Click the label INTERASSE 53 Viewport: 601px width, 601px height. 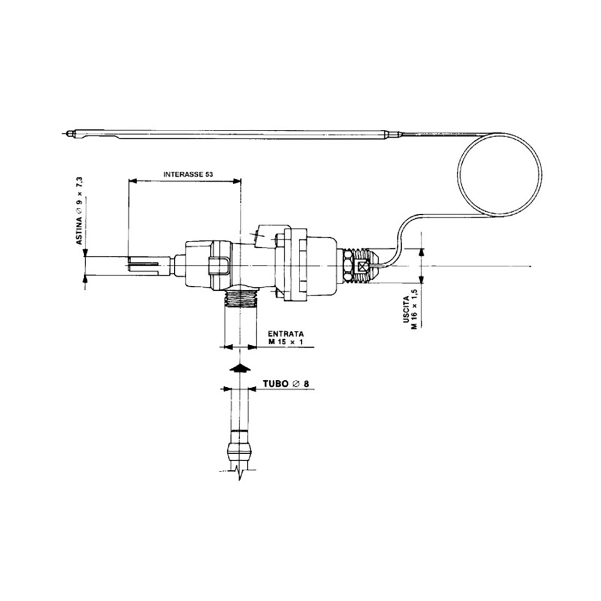coord(188,174)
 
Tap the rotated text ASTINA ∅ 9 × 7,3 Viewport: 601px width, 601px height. coord(79,211)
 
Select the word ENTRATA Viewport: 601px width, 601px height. coord(286,334)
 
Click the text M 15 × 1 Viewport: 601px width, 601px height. coord(286,342)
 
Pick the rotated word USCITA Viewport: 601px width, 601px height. coord(406,312)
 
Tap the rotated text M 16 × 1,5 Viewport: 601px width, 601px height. coord(414,309)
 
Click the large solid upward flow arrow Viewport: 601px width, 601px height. coord(240,368)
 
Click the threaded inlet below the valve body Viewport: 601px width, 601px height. coord(240,298)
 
